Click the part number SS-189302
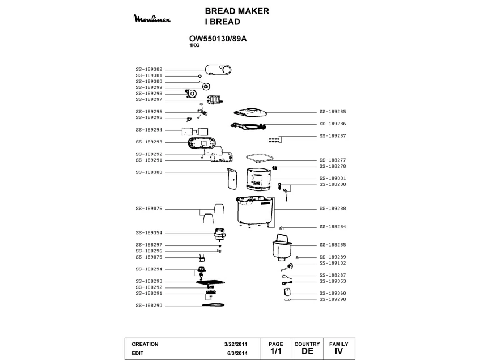(148, 69)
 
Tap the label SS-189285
(333, 112)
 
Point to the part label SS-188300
(148, 172)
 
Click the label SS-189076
(148, 209)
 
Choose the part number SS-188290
(148, 306)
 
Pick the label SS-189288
(333, 209)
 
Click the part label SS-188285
(333, 245)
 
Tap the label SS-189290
(333, 299)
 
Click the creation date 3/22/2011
(235, 344)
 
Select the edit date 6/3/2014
(237, 353)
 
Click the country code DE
(307, 351)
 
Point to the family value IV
(338, 351)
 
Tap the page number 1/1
(276, 351)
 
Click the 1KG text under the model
(194, 45)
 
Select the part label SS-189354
(148, 233)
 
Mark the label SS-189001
(333, 179)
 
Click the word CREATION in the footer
(145, 344)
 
